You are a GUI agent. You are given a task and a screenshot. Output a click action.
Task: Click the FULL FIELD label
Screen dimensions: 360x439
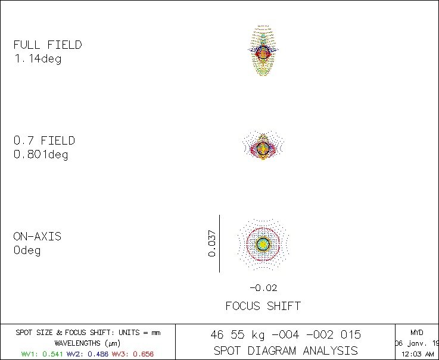point(48,45)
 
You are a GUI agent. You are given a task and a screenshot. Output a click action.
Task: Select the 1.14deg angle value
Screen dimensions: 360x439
point(38,59)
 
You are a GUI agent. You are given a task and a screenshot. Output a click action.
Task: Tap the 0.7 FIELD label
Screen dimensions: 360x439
point(44,140)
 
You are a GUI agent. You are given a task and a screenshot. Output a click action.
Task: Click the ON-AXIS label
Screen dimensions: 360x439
point(37,236)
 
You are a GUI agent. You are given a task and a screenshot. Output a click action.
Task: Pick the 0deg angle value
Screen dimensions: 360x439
point(27,251)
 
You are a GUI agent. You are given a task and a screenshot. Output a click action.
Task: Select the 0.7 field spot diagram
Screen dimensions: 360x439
point(263,146)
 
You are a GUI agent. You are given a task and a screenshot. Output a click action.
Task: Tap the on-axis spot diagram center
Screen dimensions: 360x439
point(263,243)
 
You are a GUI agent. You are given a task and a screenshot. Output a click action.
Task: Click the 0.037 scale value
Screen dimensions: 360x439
point(211,244)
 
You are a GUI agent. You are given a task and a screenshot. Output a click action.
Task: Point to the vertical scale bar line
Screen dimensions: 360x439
point(220,243)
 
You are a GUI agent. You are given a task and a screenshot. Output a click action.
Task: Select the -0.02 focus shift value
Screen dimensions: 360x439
point(263,288)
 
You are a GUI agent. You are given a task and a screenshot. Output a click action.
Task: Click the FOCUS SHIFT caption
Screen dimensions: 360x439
point(263,306)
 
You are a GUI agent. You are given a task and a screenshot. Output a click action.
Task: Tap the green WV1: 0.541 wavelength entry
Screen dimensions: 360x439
point(42,353)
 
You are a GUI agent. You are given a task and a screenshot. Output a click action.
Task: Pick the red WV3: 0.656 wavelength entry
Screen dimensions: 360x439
point(132,353)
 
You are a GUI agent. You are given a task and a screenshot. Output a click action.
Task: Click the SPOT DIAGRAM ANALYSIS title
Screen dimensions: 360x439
point(285,350)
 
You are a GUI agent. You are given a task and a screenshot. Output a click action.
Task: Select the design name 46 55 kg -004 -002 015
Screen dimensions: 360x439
point(285,334)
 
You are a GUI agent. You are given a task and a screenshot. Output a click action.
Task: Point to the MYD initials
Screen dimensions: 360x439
point(417,332)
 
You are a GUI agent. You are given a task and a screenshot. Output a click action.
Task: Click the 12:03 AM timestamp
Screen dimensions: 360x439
point(417,354)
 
